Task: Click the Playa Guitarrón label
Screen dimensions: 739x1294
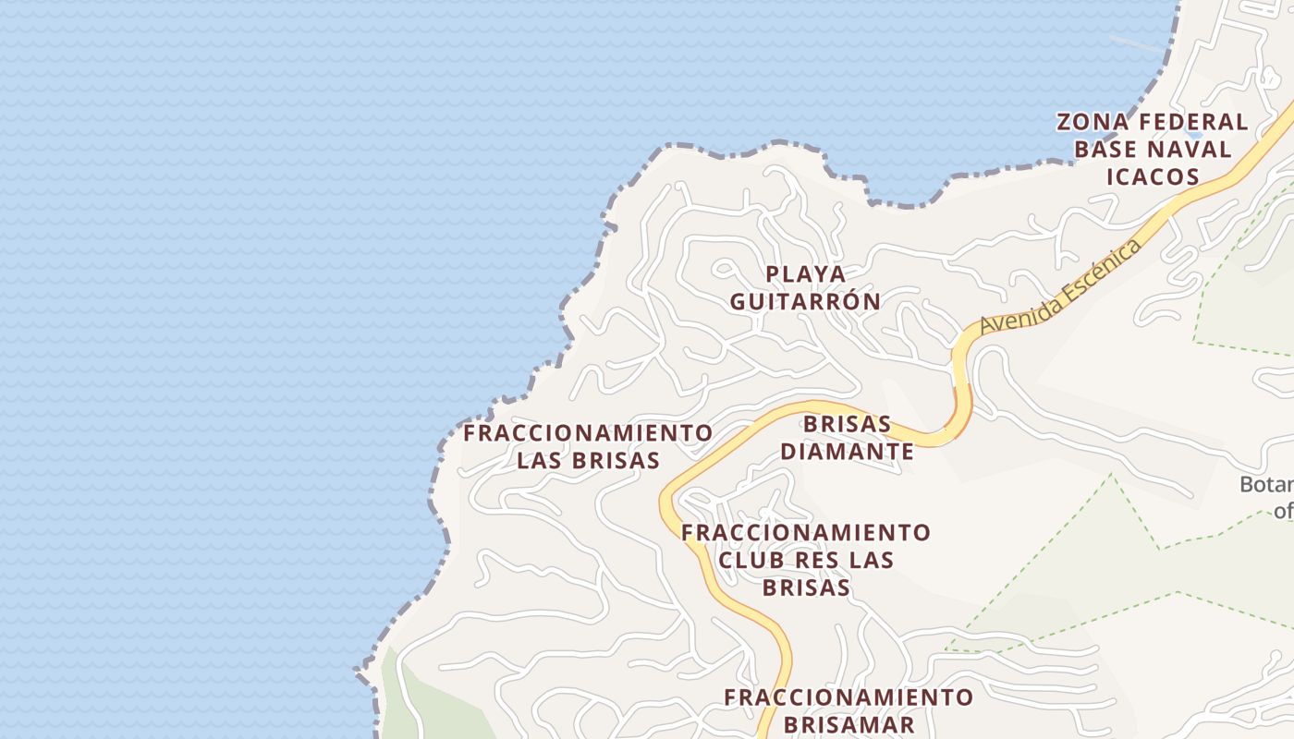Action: point(805,287)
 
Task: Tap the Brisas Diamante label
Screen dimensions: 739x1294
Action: point(848,438)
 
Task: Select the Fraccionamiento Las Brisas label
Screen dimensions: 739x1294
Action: point(588,446)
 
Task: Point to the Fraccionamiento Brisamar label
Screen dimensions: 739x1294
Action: point(848,710)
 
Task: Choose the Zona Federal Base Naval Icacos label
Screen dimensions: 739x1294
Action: point(1153,149)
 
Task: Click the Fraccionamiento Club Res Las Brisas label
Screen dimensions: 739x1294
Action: point(806,560)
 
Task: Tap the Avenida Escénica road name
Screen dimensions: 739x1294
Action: point(1060,287)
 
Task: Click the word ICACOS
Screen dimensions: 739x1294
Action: point(1153,176)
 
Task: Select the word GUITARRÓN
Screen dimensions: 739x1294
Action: point(805,301)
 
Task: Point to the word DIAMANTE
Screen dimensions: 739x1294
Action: point(848,452)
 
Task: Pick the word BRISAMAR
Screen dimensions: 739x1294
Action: point(848,724)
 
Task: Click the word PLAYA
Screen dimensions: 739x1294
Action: point(806,273)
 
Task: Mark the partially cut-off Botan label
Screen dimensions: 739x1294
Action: point(1266,485)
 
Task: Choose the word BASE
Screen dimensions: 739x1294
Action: point(1108,149)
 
